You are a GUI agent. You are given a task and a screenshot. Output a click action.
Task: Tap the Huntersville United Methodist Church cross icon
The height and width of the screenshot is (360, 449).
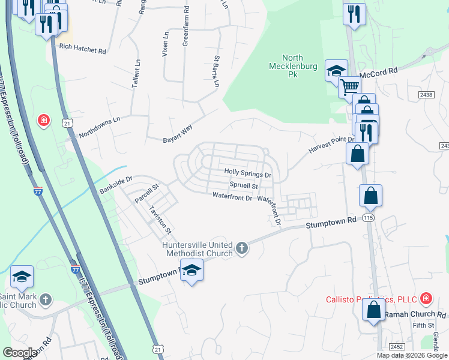coord(241,248)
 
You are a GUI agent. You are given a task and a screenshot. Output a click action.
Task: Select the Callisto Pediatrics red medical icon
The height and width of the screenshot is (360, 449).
coord(426,298)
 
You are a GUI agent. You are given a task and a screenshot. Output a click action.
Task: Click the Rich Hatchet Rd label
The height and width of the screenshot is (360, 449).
coord(82,50)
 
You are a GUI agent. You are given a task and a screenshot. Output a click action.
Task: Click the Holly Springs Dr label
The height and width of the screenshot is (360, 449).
coord(248,173)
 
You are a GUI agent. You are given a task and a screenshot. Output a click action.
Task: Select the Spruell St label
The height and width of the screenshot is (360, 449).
coord(244,186)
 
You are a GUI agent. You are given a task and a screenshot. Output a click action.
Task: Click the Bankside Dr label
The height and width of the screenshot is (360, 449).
coord(115,185)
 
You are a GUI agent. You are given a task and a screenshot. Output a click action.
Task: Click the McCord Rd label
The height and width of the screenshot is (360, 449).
coord(379,71)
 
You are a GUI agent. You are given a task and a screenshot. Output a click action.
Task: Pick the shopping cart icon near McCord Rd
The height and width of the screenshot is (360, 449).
coord(349,88)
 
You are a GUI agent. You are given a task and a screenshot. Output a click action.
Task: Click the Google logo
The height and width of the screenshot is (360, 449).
coord(20,353)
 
